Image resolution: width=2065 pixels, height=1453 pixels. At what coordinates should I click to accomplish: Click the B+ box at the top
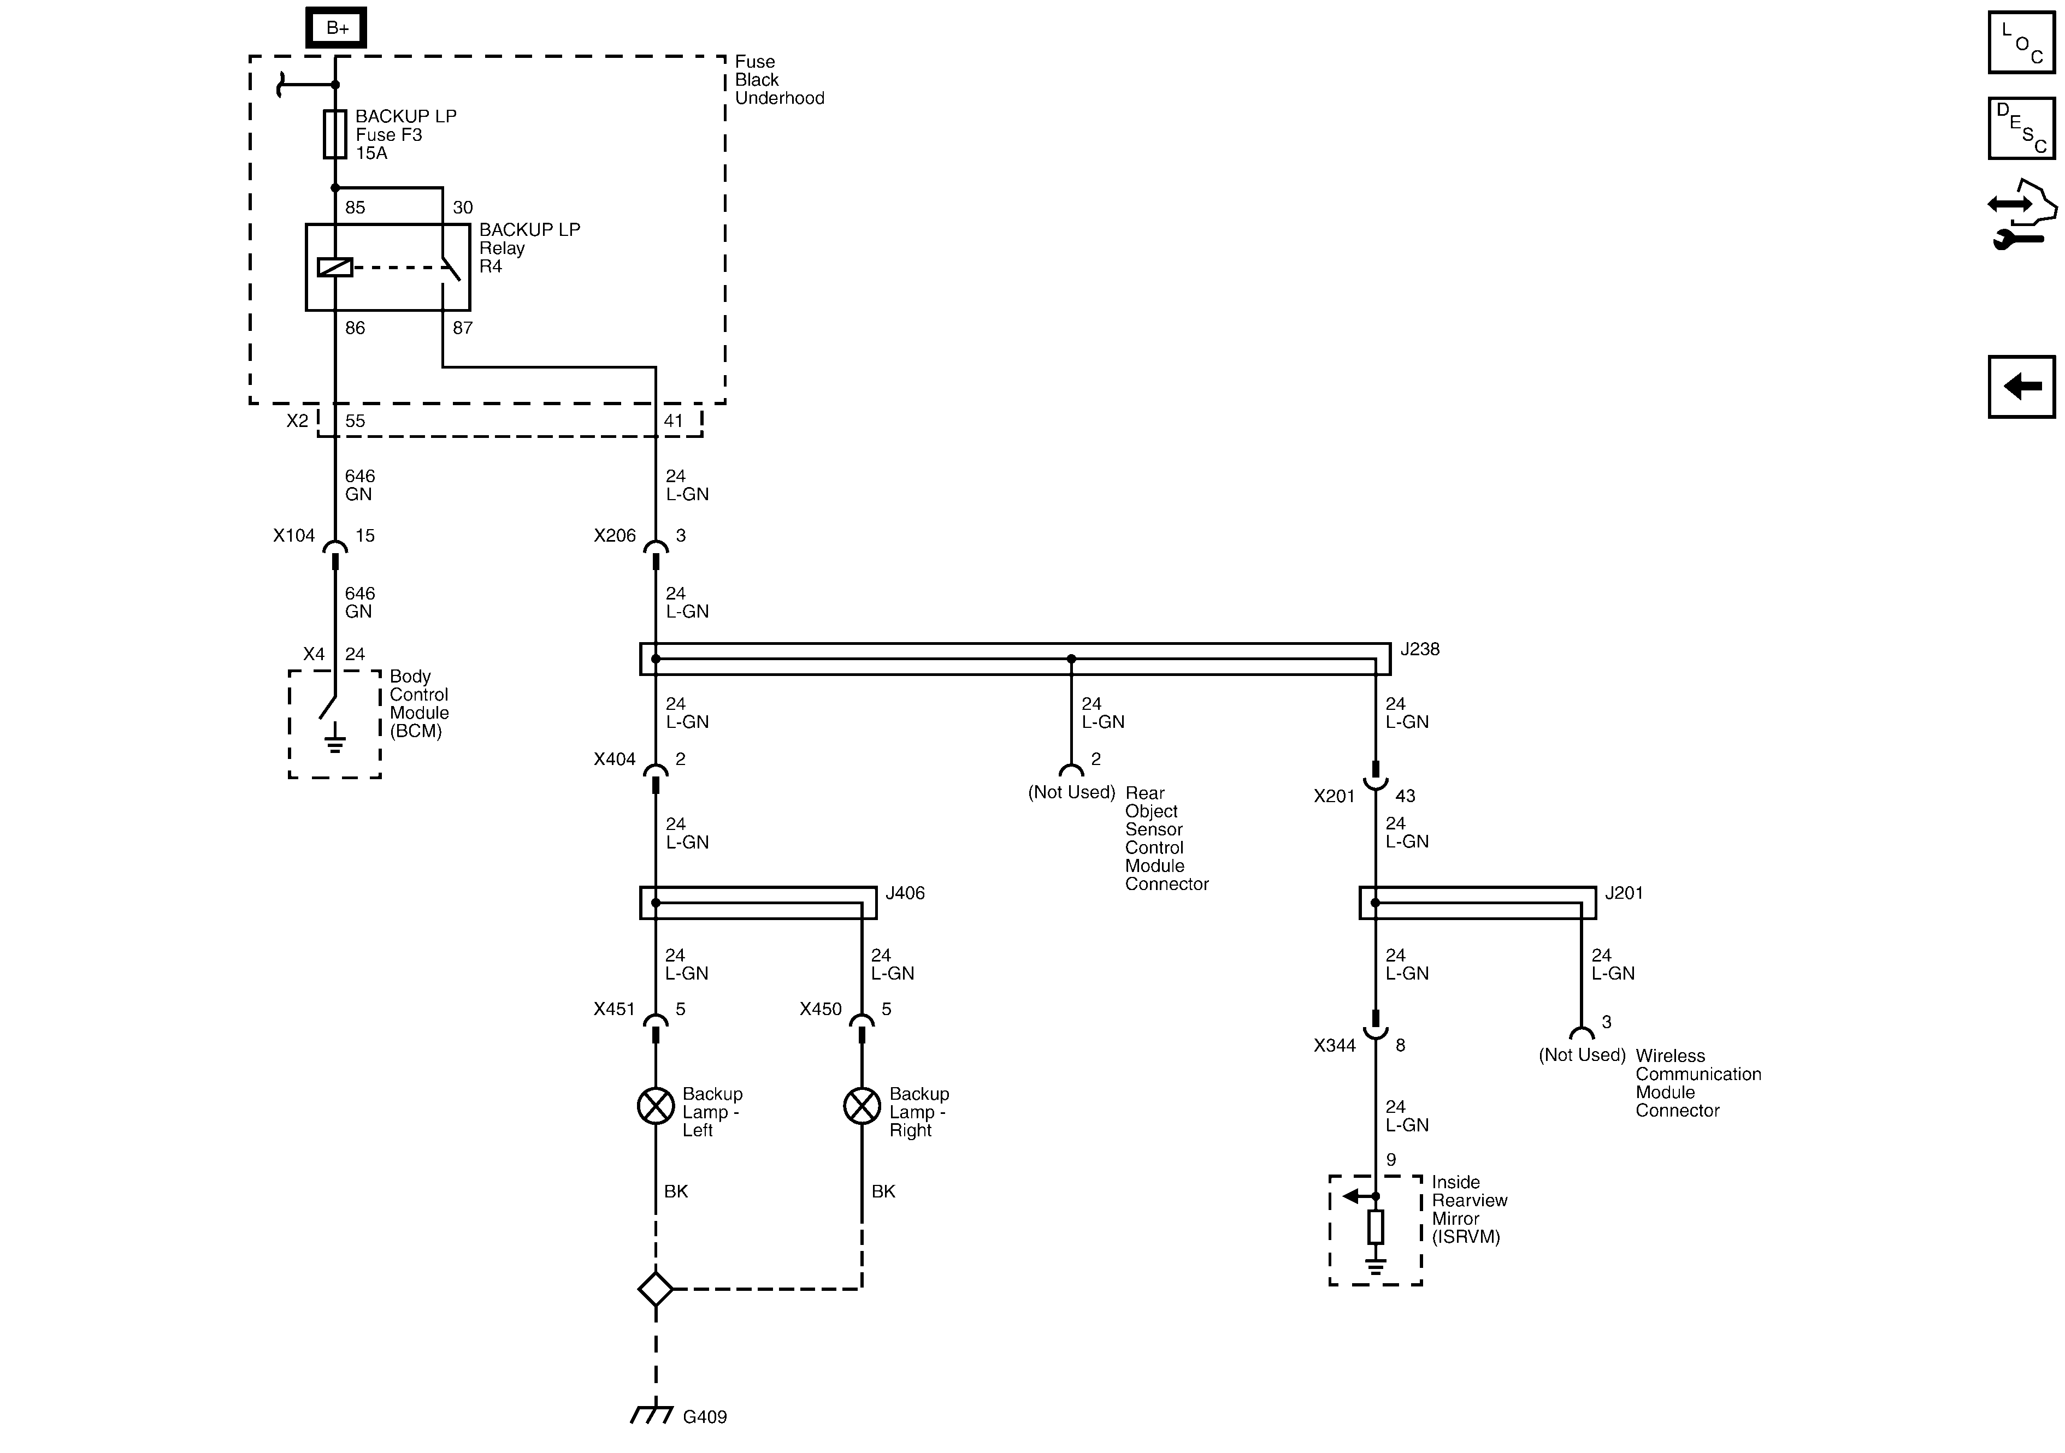click(337, 28)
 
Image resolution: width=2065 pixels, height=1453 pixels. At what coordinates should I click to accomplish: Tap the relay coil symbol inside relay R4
click(334, 267)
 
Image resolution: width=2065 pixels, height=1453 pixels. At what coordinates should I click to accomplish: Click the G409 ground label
click(704, 1417)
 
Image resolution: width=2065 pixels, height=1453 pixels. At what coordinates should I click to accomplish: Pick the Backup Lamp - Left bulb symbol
click(656, 1106)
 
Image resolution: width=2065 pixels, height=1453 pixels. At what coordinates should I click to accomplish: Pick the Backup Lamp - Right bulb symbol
click(862, 1106)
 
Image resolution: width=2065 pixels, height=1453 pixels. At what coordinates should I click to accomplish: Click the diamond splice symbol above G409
click(656, 1289)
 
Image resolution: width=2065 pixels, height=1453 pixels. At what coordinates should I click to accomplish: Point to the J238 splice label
click(1419, 649)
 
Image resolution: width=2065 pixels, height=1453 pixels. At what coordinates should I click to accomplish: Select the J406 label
click(905, 893)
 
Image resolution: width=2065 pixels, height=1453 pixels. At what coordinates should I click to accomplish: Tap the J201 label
click(1624, 893)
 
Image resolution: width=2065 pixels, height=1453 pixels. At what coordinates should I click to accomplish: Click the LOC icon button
click(2021, 42)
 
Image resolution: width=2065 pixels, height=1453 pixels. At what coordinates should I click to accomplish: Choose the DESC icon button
click(2021, 128)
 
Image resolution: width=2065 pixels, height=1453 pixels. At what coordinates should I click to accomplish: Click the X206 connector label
click(614, 536)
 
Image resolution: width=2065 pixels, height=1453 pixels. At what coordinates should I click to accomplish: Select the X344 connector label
click(1334, 1046)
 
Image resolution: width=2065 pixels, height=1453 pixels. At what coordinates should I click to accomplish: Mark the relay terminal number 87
click(462, 328)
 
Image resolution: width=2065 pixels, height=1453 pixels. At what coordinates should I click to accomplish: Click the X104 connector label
click(294, 536)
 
